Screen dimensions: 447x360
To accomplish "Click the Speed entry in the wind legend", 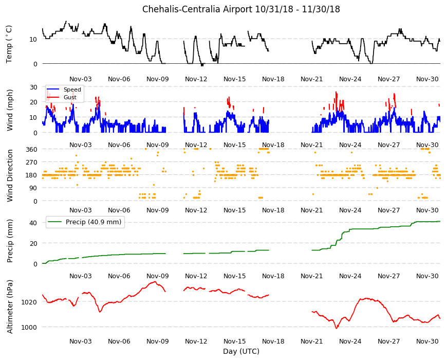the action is tap(72, 89).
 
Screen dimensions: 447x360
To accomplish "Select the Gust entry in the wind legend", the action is tap(70, 97).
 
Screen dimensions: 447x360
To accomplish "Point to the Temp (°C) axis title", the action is tap(9, 44).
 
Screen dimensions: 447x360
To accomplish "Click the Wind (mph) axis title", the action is tap(10, 110).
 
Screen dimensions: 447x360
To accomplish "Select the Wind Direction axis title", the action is tap(10, 175).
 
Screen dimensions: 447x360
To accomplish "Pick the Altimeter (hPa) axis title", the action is tap(10, 307).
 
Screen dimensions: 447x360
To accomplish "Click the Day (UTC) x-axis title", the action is tap(241, 351).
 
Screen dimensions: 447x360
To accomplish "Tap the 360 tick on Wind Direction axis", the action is tap(31, 149).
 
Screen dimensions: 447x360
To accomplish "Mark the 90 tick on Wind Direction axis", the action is tap(33, 188).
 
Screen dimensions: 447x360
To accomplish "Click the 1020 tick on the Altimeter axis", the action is tap(29, 302).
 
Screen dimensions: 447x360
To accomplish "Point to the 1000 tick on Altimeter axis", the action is tap(29, 327).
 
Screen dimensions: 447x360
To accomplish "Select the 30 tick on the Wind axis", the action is tap(33, 87).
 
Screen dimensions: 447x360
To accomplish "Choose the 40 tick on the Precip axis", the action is tap(33, 223).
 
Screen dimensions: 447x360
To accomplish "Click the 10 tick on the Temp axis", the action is tap(33, 40).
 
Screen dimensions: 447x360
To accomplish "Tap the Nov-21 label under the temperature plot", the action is tap(311, 79).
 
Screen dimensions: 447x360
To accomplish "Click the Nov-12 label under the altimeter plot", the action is tap(196, 341).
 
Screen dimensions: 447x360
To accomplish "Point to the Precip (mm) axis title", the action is tap(10, 241).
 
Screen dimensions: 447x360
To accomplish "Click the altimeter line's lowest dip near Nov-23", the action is tap(337, 328).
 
